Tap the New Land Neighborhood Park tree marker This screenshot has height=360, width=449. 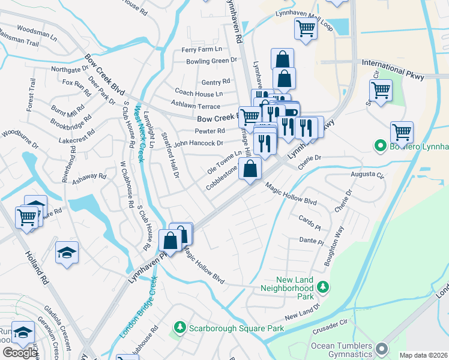pyautogui.click(x=323, y=288)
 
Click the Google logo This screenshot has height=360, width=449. pyautogui.click(x=20, y=353)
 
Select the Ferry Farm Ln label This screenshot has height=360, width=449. pyautogui.click(x=202, y=49)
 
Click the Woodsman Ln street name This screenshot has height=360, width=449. pyautogui.click(x=37, y=28)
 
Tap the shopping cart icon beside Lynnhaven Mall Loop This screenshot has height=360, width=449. pyautogui.click(x=306, y=28)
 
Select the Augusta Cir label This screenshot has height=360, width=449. pyautogui.click(x=367, y=175)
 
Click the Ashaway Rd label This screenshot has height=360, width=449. pyautogui.click(x=89, y=179)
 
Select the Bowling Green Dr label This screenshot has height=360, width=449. pyautogui.click(x=211, y=61)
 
